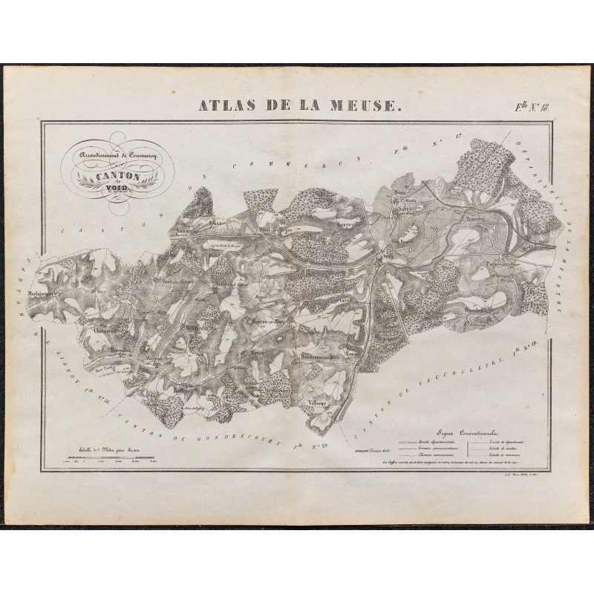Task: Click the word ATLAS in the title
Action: pyautogui.click(x=230, y=106)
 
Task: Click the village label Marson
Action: pyautogui.click(x=154, y=357)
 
